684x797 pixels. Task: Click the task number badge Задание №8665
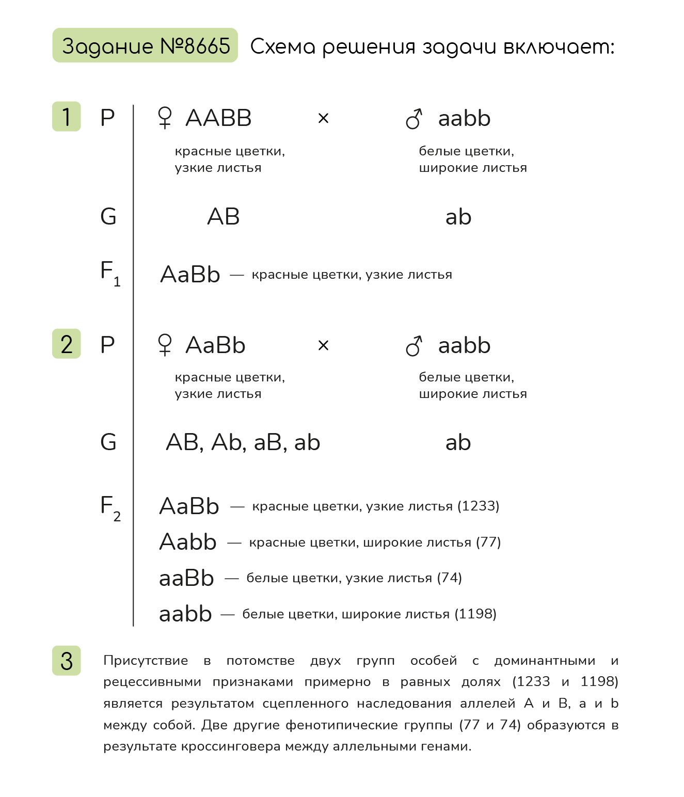[145, 46]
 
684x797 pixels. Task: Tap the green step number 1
[67, 117]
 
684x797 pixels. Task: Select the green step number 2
[67, 344]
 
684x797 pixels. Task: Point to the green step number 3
[67, 661]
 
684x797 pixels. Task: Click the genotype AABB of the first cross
[218, 118]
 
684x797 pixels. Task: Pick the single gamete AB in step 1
[224, 217]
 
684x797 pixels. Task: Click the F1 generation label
[110, 273]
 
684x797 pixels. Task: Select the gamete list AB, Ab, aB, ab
[243, 442]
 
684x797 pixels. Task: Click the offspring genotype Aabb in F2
[188, 542]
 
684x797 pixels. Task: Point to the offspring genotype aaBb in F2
[186, 578]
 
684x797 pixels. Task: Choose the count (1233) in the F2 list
[479, 506]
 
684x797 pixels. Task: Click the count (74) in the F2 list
[449, 578]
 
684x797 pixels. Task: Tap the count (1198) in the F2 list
[475, 614]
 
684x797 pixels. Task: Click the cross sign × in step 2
[323, 345]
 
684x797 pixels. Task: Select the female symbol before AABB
[165, 118]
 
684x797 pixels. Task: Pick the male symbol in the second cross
[414, 346]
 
